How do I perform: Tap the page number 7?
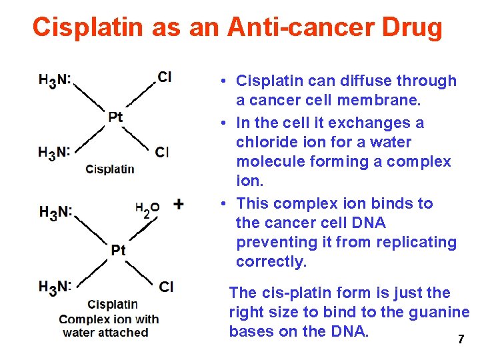point(460,339)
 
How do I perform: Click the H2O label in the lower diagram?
point(147,209)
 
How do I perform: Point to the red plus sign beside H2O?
point(178,204)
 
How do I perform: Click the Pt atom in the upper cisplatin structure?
point(115,117)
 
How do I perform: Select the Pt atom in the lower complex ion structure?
point(118,250)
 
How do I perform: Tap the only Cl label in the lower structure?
point(166,287)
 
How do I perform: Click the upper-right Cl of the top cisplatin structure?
point(164,77)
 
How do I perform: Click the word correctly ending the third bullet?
point(271,261)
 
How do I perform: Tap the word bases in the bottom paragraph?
point(252,331)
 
